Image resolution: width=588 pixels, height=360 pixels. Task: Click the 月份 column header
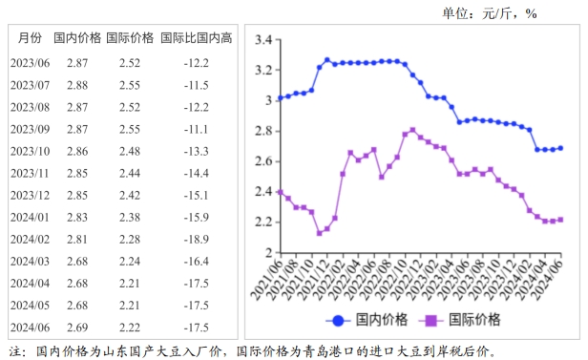click(29, 38)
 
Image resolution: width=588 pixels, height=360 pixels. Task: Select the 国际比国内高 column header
click(196, 38)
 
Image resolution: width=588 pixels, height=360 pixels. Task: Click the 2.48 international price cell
click(129, 151)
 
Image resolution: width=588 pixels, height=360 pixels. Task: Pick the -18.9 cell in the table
click(196, 240)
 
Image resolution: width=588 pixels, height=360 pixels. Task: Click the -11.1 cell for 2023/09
click(196, 129)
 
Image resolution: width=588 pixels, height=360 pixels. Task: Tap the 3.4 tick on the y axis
click(263, 40)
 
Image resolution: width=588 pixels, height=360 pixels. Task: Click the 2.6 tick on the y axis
click(263, 161)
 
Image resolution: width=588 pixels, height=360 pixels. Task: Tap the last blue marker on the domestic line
click(560, 148)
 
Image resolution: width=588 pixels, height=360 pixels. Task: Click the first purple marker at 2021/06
click(280, 192)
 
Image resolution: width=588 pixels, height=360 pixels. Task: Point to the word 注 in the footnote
click(16, 351)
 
